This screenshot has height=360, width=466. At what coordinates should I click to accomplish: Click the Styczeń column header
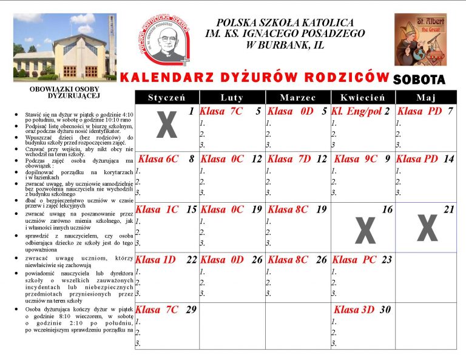click(166, 98)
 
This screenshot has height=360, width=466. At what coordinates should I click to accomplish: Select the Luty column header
click(232, 98)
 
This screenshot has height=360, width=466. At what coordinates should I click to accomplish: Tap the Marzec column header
click(298, 98)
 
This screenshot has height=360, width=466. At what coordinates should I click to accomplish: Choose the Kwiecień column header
click(363, 98)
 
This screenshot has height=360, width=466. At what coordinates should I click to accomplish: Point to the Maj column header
click(425, 98)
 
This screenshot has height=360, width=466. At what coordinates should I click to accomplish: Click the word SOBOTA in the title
click(419, 79)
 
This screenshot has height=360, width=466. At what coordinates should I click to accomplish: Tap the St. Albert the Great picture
click(420, 39)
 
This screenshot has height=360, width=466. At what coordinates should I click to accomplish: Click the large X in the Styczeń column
click(167, 125)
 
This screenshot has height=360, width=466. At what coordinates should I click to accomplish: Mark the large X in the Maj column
click(427, 228)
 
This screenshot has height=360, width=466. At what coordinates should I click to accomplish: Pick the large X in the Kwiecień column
click(365, 231)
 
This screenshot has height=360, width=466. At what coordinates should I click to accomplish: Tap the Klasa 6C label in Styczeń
click(158, 159)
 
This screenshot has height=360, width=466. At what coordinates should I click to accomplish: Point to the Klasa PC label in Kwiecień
click(354, 260)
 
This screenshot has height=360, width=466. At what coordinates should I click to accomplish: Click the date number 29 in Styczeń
click(191, 310)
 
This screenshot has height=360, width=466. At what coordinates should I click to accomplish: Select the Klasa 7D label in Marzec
click(289, 159)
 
